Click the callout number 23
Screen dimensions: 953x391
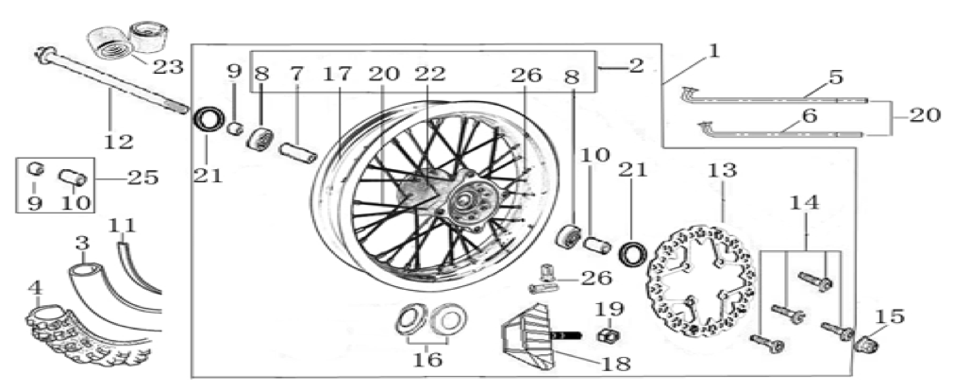coord(168,66)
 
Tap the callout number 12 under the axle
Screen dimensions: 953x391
coord(118,142)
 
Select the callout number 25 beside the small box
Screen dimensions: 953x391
coord(142,178)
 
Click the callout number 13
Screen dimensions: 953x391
coord(723,170)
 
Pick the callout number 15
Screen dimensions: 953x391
coord(889,316)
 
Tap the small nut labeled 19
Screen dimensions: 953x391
coord(604,334)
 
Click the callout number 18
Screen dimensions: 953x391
coord(615,364)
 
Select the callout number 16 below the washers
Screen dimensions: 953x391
coord(427,360)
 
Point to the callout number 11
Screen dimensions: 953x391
coord(122,226)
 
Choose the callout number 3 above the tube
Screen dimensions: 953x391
coord(83,244)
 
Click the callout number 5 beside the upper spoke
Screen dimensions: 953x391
coord(836,77)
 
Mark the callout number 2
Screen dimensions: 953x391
coord(636,66)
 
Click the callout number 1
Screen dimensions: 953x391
coord(714,51)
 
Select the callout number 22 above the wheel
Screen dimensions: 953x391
coord(430,75)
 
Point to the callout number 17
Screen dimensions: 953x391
coord(337,75)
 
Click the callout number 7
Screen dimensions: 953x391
coord(296,75)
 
